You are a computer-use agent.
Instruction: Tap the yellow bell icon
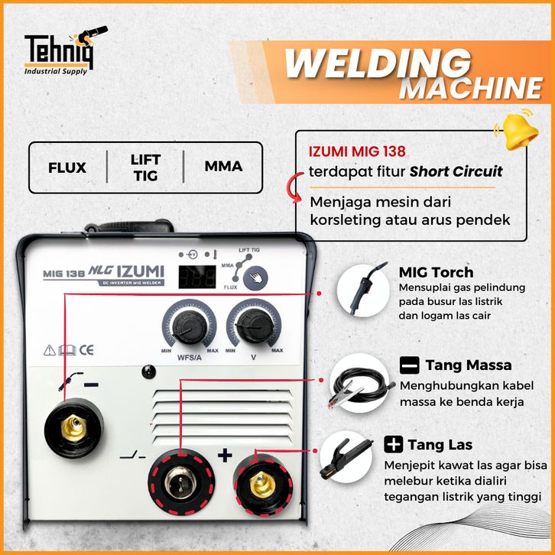pos(518,130)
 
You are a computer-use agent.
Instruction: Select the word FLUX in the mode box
pos(67,167)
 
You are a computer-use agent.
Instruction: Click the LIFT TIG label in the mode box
pos(145,167)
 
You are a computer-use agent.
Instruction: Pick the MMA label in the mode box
pos(223,166)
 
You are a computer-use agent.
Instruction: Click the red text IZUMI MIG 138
pos(357,151)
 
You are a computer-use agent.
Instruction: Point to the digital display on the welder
pos(197,277)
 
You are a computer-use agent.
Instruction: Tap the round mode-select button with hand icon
pos(255,277)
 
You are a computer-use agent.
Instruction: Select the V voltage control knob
pos(254,326)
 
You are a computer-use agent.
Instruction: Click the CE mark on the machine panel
pos(86,350)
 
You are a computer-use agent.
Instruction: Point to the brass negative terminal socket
pos(73,428)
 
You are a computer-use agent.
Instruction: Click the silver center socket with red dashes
pos(181,482)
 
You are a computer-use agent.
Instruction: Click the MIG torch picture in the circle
pos(364,290)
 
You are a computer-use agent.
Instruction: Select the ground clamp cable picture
pos(359,383)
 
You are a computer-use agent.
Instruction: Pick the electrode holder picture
pos(346,457)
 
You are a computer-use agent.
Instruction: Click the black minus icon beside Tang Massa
pos(409,365)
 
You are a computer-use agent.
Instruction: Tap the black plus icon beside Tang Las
pos(393,444)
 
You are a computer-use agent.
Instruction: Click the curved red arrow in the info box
pos(292,187)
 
